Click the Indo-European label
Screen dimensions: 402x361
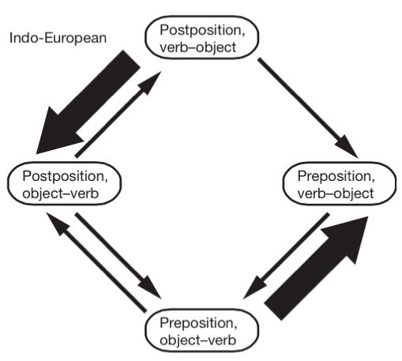pos(58,38)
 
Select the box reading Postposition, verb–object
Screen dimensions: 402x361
pos(202,37)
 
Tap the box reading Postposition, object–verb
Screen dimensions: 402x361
pos(65,183)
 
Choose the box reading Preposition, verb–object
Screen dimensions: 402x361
pos(340,183)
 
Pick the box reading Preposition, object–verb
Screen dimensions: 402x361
pos(202,330)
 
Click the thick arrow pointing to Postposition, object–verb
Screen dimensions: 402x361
pos(88,102)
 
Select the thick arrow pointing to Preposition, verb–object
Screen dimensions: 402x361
pos(316,268)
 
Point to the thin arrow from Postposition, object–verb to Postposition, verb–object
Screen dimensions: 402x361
pos(118,115)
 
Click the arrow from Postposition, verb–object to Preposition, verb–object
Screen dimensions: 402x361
pos(307,108)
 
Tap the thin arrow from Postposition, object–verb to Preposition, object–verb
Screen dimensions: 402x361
pos(118,256)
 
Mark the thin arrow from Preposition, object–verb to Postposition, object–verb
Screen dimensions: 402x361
pos(96,262)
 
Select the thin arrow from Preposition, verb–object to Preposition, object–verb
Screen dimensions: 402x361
pos(286,256)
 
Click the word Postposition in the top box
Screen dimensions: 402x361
pos(202,30)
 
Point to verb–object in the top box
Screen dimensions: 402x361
pos(198,47)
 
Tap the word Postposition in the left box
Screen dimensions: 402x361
pos(65,176)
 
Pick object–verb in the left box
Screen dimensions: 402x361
pos(61,194)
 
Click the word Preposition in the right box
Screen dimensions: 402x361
pos(336,176)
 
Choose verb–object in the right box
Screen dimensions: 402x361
pos(336,194)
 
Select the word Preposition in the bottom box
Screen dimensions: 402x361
pos(198,323)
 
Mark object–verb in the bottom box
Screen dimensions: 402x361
pos(198,340)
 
